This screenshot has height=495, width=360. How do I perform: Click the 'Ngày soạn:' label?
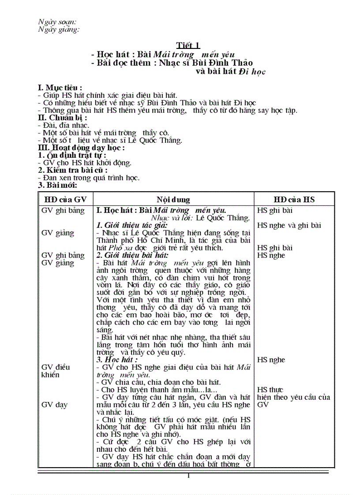point(57,22)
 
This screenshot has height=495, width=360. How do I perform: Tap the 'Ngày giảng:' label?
point(59,30)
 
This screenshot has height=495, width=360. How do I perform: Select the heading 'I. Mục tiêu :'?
point(60,88)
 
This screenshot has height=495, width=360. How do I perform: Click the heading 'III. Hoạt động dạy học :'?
point(82,148)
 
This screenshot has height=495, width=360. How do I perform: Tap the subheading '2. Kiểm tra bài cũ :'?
point(73,170)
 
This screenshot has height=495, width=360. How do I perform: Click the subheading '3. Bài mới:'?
point(58,185)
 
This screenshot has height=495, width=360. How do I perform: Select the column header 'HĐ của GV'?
point(65,200)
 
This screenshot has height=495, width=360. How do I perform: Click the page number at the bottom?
point(188,476)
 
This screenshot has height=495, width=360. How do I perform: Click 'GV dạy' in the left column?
point(54,405)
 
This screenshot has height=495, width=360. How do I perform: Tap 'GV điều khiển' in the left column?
point(56,371)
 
